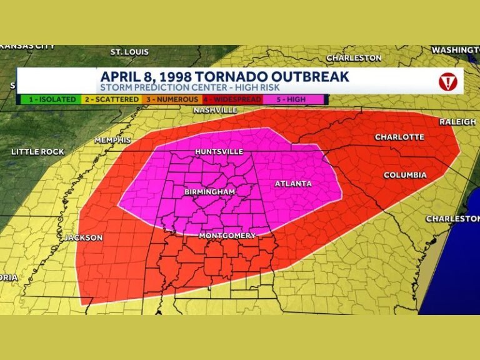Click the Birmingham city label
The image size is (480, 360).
[x=209, y=192]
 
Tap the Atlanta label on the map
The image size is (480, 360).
[x=293, y=184]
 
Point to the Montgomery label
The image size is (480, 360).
[x=227, y=236]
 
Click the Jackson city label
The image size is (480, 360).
[x=83, y=238]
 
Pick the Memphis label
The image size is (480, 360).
[x=112, y=141]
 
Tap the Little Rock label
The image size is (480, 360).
[x=38, y=152]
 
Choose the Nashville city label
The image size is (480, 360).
[x=215, y=110]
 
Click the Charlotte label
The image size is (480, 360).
[x=399, y=137]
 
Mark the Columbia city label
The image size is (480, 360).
[x=405, y=175]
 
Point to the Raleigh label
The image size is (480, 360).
[x=457, y=122]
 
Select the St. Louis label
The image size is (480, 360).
[x=129, y=52]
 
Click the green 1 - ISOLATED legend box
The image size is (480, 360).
[x=49, y=99]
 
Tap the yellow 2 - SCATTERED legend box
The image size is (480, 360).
[x=112, y=99]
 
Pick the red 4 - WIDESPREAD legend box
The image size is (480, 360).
[x=232, y=99]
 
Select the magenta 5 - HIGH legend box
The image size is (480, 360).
[x=294, y=99]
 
